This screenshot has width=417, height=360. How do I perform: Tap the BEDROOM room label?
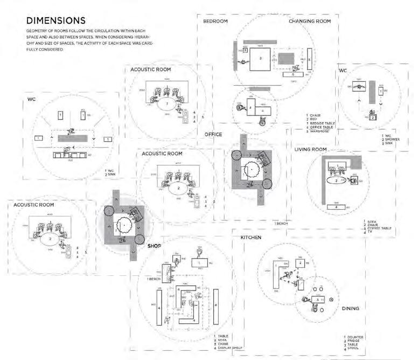(x=216, y=21)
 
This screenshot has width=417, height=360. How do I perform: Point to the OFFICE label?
(x=213, y=134)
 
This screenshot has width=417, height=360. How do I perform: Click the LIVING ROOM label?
(x=311, y=149)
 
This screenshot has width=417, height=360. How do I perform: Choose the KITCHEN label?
(x=247, y=237)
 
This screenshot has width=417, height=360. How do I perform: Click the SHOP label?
(x=155, y=246)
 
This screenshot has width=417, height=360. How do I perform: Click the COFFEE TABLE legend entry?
(x=379, y=229)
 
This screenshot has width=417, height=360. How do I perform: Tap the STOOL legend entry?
(x=353, y=349)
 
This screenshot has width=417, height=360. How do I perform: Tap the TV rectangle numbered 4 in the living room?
(x=336, y=206)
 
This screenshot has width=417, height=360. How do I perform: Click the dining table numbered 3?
(x=318, y=299)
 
